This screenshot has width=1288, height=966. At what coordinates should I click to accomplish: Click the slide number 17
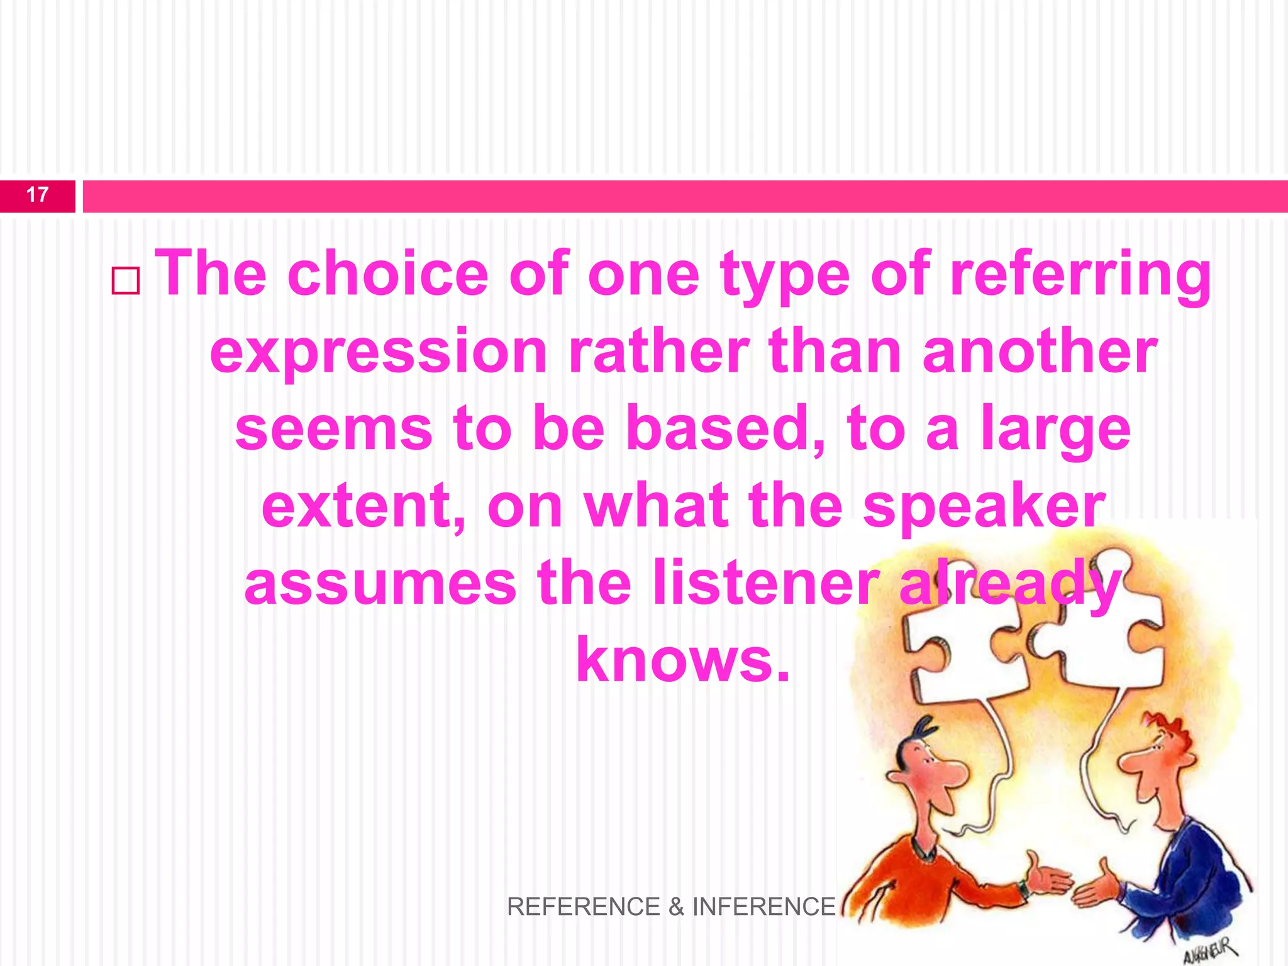pos(38,195)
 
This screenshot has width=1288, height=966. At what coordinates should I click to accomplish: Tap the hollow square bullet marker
pos(125,280)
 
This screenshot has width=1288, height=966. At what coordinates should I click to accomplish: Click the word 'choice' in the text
pos(387,274)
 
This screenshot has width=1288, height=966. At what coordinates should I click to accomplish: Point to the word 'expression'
pos(378,352)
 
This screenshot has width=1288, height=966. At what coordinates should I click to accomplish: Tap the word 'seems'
pos(333,428)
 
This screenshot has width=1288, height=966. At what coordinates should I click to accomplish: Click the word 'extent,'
pos(364,506)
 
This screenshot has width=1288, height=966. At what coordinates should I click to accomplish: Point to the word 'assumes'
pos(380,584)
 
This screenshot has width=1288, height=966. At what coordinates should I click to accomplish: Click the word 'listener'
pos(765,584)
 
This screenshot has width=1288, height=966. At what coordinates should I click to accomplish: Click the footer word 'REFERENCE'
pos(584,907)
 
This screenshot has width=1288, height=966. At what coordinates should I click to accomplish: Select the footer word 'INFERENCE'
pos(763,907)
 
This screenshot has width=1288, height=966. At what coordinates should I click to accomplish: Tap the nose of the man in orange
pos(955,774)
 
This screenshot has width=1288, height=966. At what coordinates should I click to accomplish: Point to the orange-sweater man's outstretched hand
pos(1047,876)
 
